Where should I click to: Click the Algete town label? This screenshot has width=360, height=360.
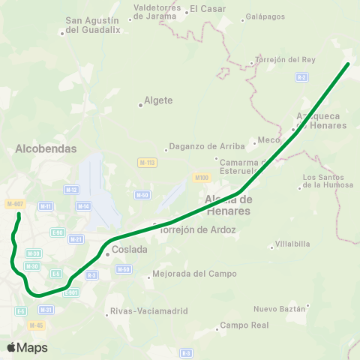coord(159,100)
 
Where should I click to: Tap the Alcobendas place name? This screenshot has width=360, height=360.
coord(46,148)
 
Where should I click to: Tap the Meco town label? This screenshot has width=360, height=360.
coord(268,139)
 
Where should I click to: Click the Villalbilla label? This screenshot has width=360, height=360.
coord(292,244)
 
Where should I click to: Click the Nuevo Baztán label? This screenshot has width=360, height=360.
coord(280,308)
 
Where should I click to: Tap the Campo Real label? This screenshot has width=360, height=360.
coord(243,326)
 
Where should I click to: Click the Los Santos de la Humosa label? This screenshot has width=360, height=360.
coord(327,181)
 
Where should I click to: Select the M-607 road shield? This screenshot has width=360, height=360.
coord(15,204)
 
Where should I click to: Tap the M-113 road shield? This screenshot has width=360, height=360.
coord(147,162)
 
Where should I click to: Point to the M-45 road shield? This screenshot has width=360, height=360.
coord(35,325)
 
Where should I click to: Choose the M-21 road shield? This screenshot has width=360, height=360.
coord(76,238)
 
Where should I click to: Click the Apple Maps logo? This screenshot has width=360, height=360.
coord(28,347)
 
